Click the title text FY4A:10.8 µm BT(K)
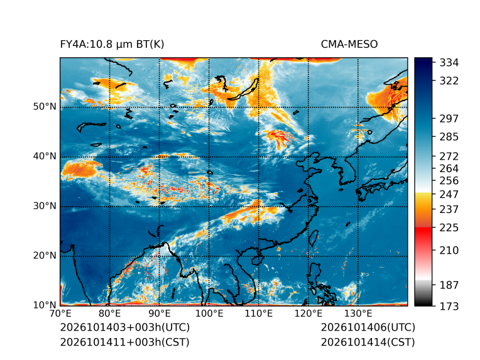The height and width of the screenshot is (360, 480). point(112,45)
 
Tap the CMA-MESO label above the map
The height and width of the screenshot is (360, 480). point(349,45)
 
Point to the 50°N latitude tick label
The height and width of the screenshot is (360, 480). point(45,107)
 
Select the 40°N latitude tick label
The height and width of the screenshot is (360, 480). point(45,156)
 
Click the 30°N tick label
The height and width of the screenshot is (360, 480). point(45,205)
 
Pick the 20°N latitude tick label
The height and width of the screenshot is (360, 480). point(45,255)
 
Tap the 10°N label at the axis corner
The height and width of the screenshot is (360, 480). point(45,305)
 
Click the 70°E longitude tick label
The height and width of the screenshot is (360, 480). point(60,314)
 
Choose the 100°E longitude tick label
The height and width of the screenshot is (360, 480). point(209,314)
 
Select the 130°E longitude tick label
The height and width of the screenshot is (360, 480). point(358,314)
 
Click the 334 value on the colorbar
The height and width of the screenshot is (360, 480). point(449,63)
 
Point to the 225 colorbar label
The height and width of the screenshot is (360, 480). point(449,228)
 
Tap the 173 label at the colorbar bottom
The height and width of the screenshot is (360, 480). point(449,306)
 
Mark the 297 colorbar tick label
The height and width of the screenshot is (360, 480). point(449,119)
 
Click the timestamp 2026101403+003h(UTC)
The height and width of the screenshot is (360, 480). point(125,327)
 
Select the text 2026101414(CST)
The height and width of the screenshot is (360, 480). point(368,342)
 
